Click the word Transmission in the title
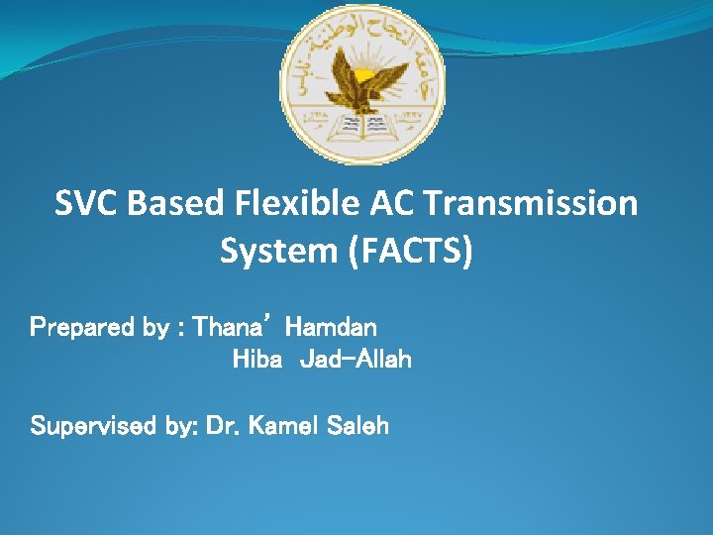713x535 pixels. [x=530, y=204]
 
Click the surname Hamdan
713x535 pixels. [x=331, y=326]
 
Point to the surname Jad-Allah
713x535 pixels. [x=355, y=360]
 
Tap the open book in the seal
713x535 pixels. [x=363, y=126]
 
